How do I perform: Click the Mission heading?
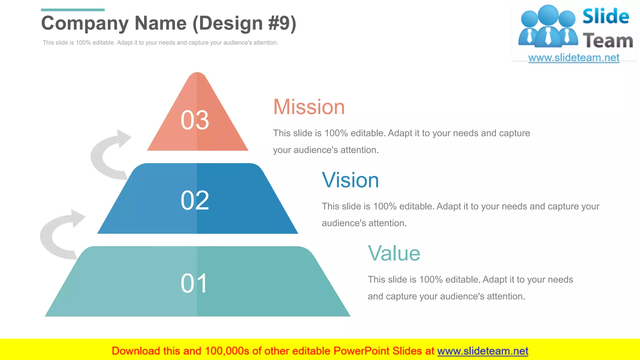309,107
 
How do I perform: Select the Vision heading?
350,180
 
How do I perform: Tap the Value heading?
394,253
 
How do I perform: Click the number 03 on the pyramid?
195,120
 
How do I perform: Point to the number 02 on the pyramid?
195,200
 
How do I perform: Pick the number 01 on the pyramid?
194,283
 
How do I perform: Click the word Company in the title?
85,23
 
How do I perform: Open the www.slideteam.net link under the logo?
574,58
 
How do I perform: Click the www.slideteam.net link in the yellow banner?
482,351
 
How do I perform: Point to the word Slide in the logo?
606,16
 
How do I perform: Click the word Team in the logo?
608,41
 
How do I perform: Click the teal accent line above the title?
72,10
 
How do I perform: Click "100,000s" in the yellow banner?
227,351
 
